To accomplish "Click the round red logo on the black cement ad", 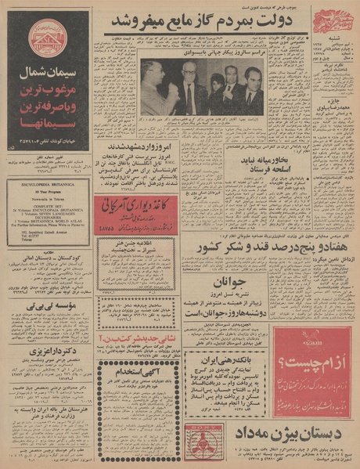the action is [x=46, y=39].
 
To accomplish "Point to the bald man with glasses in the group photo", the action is [x=190, y=81].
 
